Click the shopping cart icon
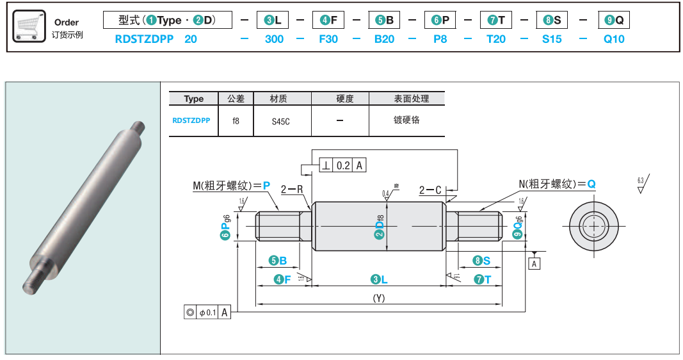pos(29,26)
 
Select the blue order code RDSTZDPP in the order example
pos(144,39)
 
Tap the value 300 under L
pos(274,39)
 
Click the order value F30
pos(328,39)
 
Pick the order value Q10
pos(614,39)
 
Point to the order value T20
pos(496,39)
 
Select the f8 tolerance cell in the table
pos(236,120)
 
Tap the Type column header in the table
pos(193,99)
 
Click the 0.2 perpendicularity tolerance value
pos(343,166)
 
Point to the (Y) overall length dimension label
pos(379,298)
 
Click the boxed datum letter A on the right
pos(535,263)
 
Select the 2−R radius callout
pos(291,190)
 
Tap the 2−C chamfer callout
pos(430,190)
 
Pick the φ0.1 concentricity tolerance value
pos(209,313)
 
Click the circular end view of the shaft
pos(594,225)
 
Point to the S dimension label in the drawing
pos(482,261)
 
